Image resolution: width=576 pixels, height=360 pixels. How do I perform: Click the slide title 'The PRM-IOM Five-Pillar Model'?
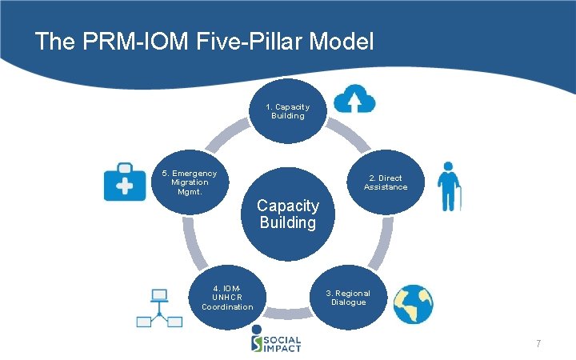[x=204, y=42]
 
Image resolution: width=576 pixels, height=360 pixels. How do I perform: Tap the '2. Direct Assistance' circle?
[x=386, y=182]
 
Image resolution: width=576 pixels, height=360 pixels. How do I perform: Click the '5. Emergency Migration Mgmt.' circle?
[x=190, y=182]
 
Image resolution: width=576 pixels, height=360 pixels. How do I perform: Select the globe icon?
[x=413, y=304]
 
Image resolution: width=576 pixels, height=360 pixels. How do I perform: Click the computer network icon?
[x=159, y=309]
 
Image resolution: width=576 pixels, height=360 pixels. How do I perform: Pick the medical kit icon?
[x=125, y=181]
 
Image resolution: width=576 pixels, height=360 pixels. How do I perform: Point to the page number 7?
[x=538, y=344]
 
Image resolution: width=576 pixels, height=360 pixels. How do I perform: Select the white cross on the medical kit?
[x=125, y=186]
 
